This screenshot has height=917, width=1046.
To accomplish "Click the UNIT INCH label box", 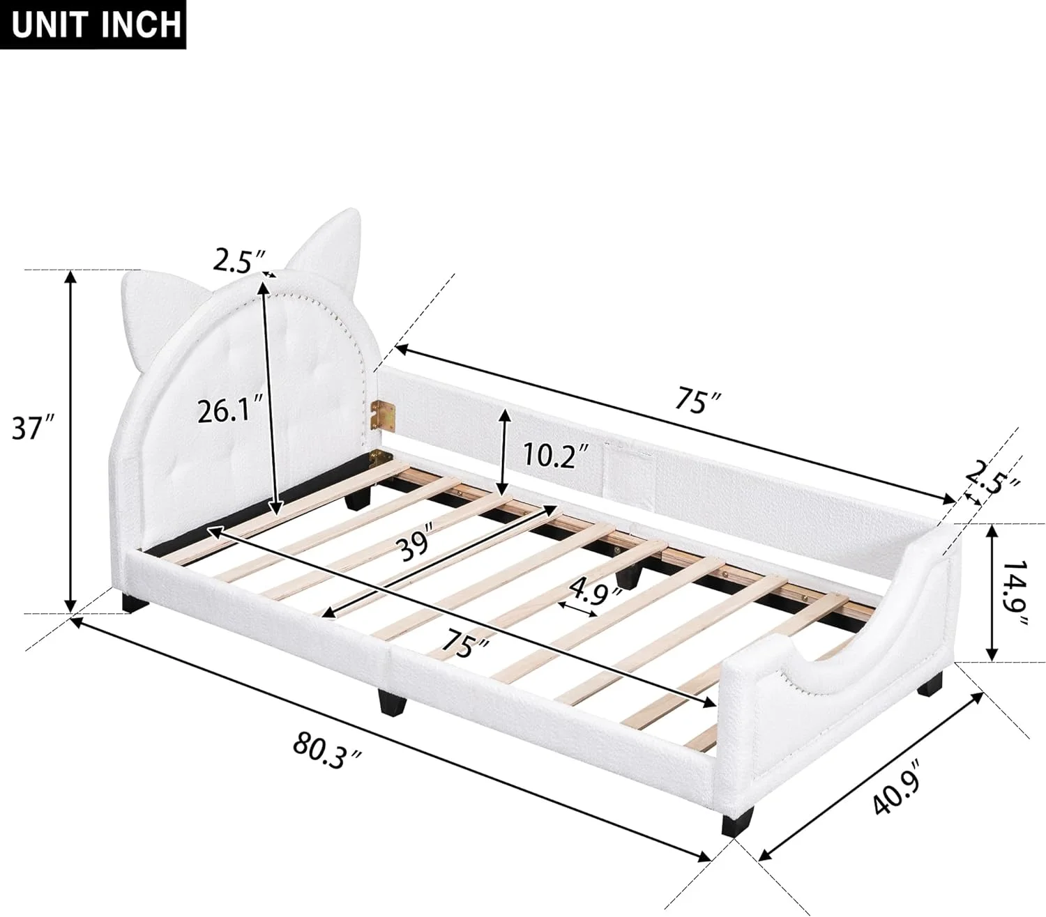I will [97, 24].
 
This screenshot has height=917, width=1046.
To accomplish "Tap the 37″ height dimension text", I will [33, 428].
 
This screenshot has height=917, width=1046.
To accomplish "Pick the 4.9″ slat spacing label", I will [595, 593].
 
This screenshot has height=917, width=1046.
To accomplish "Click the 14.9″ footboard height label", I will [1017, 592].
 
